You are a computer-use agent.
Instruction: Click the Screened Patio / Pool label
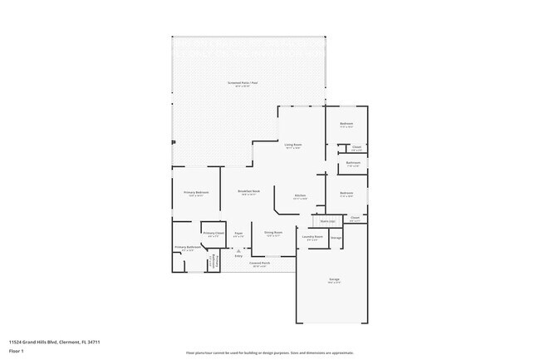[x=243, y=82]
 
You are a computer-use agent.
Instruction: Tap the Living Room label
[x=293, y=145]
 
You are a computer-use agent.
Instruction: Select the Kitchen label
[x=301, y=195]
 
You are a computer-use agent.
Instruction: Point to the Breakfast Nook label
[x=249, y=191]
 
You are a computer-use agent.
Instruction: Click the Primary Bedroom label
[x=196, y=192]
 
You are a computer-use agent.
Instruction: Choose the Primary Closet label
[x=214, y=234]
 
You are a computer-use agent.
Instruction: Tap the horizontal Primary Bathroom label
[x=187, y=247]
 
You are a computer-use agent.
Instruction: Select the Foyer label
[x=238, y=234]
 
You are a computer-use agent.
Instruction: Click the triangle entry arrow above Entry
[x=238, y=249]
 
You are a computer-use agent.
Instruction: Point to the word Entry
[x=238, y=255]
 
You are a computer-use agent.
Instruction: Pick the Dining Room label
[x=273, y=233]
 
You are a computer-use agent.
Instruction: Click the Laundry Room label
[x=312, y=236]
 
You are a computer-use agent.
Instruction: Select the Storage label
[x=336, y=238]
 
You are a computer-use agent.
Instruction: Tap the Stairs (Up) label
[x=327, y=221]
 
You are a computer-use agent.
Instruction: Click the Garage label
[x=333, y=280]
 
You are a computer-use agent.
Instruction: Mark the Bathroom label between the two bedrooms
[x=353, y=162]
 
